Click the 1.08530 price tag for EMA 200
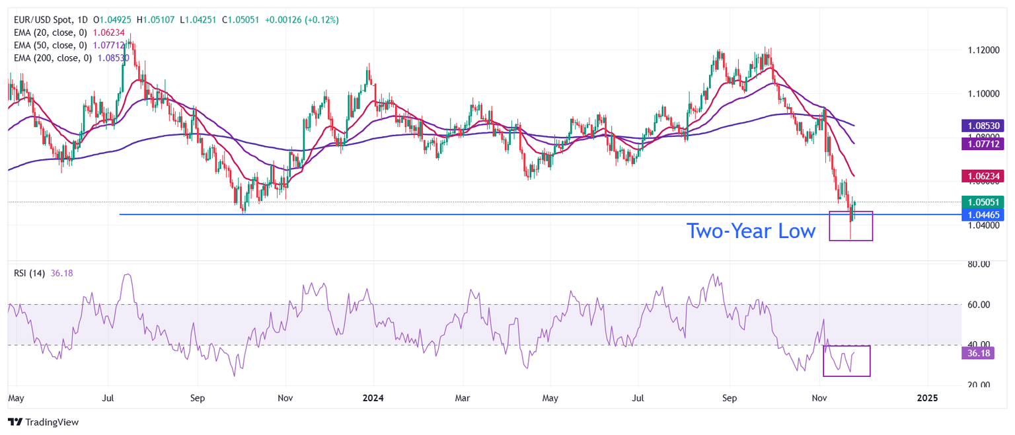click(x=984, y=125)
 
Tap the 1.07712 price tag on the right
click(x=984, y=142)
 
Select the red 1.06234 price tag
click(x=984, y=175)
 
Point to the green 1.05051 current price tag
click(x=984, y=202)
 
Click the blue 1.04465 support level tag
click(x=984, y=214)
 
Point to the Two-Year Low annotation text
click(x=751, y=231)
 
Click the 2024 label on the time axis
click(x=373, y=399)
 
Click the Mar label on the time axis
click(x=463, y=399)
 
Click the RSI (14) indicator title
click(x=29, y=273)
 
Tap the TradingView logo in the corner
click(x=43, y=422)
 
